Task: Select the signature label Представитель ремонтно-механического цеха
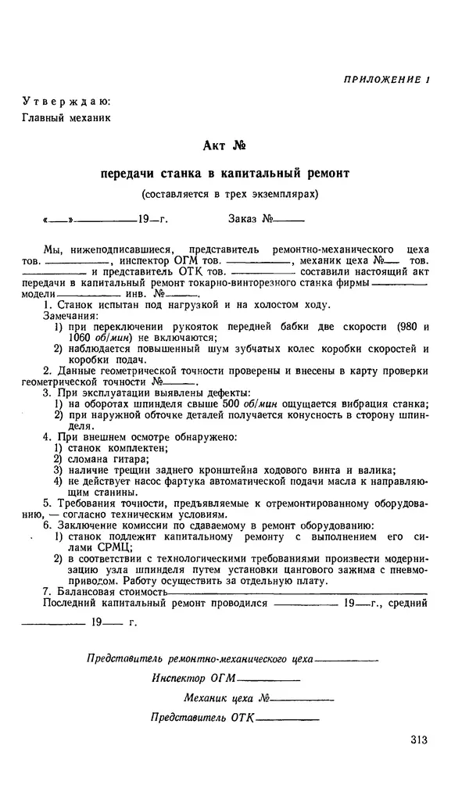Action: [201, 658]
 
